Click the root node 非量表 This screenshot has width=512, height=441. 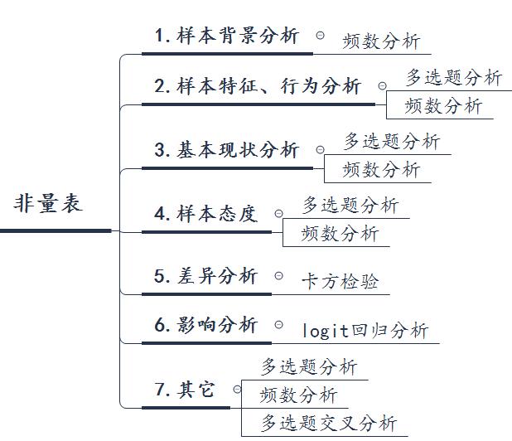point(49,204)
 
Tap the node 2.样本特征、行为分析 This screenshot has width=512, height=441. point(258,85)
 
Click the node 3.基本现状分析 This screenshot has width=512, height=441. point(227,150)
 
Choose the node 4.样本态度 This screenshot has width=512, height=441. point(205,213)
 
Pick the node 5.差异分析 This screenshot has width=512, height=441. point(205,276)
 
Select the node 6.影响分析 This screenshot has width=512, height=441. point(205,325)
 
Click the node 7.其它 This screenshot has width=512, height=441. point(184,389)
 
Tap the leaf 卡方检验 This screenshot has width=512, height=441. point(340,282)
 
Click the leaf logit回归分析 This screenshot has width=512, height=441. point(365,331)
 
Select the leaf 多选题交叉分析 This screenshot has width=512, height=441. point(329,423)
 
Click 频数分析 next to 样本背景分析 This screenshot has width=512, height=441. point(381,41)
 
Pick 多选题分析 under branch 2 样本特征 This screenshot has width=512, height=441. point(453,78)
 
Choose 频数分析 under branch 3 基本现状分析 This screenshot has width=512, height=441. point(381,170)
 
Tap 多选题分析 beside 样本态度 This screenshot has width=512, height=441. point(350,204)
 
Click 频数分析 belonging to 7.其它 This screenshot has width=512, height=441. point(298,395)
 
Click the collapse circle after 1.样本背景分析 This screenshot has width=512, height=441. point(320,36)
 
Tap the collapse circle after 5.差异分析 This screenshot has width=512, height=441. point(279,275)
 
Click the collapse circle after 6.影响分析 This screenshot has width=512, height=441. point(279,324)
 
